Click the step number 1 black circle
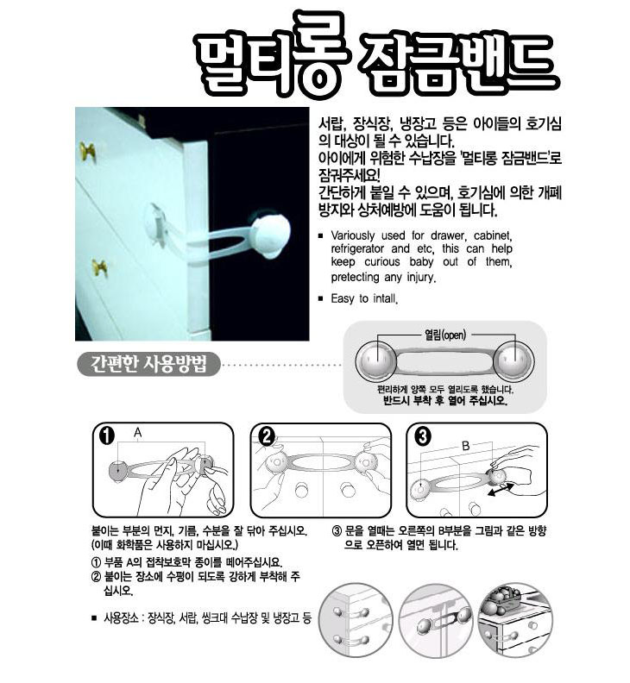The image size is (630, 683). [x=107, y=435]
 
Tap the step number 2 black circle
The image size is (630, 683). [x=267, y=436]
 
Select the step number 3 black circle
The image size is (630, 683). [x=423, y=436]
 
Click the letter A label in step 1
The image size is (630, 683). [x=138, y=433]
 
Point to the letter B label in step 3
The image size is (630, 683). [x=466, y=446]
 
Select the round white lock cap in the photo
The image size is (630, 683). [x=271, y=235]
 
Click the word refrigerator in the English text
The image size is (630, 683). [x=357, y=248]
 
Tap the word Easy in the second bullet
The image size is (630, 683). [x=343, y=298]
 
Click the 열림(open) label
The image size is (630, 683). [x=445, y=335]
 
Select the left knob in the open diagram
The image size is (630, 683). [x=375, y=360]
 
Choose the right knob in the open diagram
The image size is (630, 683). [x=513, y=360]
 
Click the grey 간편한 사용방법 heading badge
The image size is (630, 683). [x=148, y=364]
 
